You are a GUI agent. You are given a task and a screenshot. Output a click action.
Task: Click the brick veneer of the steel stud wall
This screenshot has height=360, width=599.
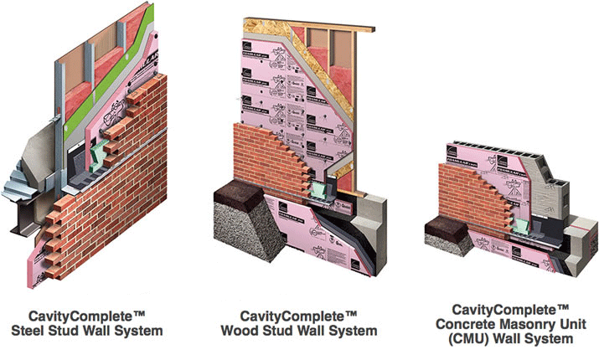[126, 201]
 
